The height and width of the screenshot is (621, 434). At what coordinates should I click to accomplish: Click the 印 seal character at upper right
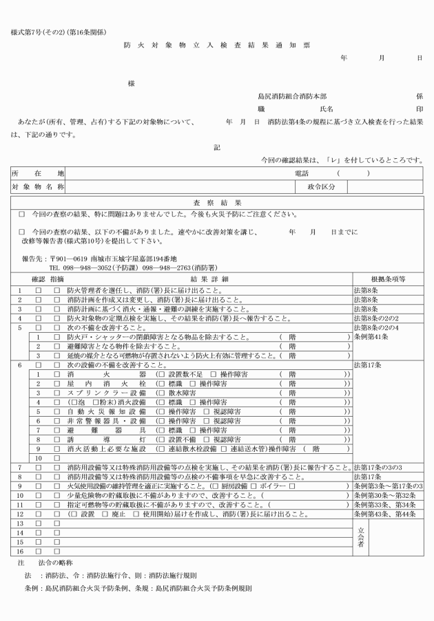click(x=419, y=109)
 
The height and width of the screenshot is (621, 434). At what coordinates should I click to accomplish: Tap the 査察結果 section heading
click(x=216, y=203)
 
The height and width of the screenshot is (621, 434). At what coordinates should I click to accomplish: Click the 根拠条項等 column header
click(x=387, y=281)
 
